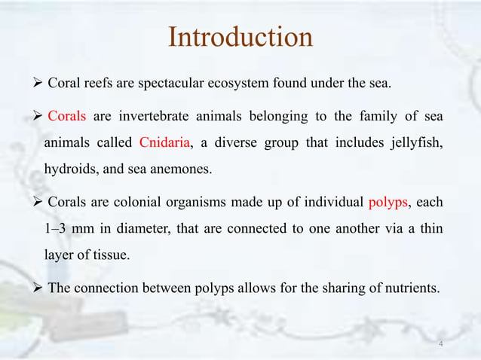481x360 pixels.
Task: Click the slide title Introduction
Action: pos(240,37)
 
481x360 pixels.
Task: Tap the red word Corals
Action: pos(68,116)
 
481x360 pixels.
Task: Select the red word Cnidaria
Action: pos(164,143)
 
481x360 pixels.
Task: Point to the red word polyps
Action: pos(388,202)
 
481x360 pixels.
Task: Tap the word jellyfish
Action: pos(416,143)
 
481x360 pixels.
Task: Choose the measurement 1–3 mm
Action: pos(72,228)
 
